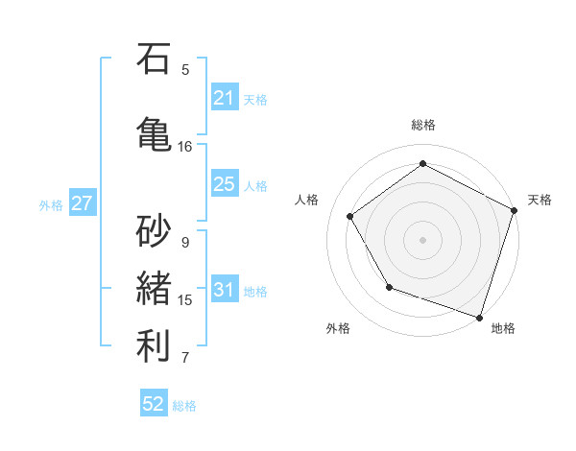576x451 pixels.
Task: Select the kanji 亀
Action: tap(154, 131)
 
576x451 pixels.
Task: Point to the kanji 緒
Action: tap(154, 288)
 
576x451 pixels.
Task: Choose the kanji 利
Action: tap(154, 346)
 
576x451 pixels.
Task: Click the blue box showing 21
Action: tap(225, 98)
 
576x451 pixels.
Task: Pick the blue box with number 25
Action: tap(225, 185)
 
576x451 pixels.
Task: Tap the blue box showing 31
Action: tap(225, 290)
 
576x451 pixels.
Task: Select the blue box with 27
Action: tap(82, 203)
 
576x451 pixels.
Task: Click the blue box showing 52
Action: tap(154, 404)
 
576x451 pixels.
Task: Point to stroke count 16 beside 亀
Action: tap(185, 147)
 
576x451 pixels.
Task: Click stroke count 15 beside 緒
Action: tap(185, 300)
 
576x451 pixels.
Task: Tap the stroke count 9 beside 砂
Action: tap(185, 243)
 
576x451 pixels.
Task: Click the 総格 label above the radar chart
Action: tap(423, 126)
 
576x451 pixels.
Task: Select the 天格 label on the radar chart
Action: tap(540, 200)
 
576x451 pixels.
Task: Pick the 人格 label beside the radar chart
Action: tap(307, 200)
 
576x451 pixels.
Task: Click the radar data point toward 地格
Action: tap(479, 316)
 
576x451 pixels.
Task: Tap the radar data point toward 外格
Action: tap(389, 287)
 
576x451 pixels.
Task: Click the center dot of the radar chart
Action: tap(423, 239)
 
